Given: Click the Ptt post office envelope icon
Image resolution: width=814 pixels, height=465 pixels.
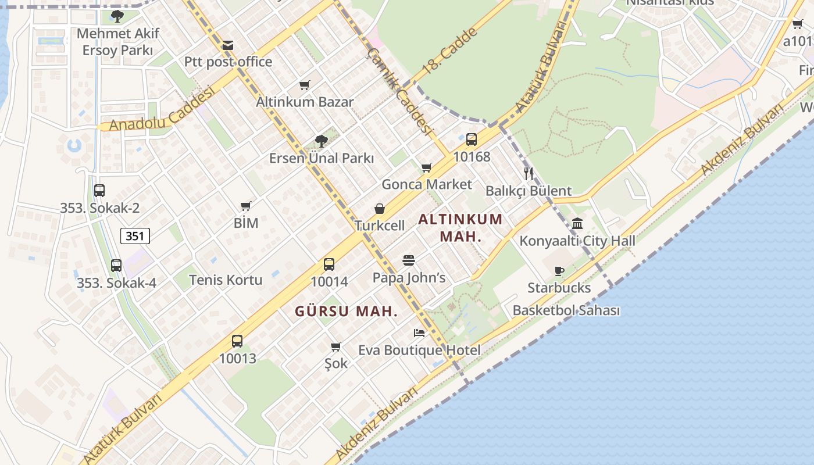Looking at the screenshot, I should pos(228,45).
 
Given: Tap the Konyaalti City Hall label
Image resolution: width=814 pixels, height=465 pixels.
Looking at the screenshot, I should pos(577,241).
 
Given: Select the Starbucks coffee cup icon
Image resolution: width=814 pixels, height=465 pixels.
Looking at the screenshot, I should pos(559,270).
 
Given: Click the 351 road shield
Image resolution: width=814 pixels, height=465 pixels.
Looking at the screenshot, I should pos(135,235).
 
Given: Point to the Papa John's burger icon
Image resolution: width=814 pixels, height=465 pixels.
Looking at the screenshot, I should pos(409,260).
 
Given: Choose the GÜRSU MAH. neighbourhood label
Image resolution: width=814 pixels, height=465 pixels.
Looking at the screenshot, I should pos(346,311).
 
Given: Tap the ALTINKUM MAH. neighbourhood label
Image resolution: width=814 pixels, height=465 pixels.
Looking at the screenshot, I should pos(460,228).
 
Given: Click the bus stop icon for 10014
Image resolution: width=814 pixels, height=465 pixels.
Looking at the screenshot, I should pos(329,264).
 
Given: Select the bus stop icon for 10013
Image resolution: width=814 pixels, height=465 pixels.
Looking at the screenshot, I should pos(237,341).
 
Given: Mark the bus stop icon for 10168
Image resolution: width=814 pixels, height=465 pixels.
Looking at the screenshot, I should pos(472,139).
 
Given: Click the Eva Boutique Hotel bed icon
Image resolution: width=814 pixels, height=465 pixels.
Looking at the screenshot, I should pos(419,333).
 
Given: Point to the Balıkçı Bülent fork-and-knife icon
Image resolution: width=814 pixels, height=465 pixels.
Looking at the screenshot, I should pos(529,173).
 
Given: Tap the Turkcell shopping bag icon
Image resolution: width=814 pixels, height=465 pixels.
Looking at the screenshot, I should pos(380,209).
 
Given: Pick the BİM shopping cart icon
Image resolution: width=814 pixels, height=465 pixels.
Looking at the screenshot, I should pos(246,206).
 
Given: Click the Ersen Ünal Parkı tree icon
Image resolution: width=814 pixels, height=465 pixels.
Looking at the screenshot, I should pos(321,141).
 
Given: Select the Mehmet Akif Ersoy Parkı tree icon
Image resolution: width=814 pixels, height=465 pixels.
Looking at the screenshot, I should pos(117,16).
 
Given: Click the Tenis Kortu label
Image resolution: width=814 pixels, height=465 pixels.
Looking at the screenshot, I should pos(226,280).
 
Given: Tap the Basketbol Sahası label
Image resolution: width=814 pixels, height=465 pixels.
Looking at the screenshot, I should pos(566,310).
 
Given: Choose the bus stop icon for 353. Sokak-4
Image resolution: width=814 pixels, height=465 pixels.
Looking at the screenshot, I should pos(116,266).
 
